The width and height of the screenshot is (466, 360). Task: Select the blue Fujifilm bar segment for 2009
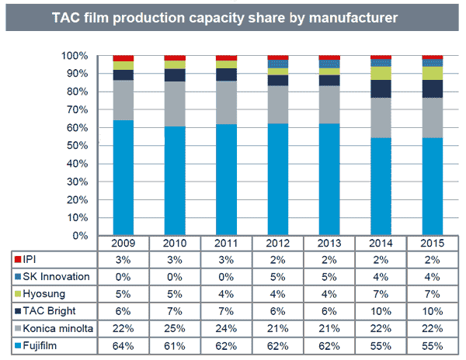point(123,178)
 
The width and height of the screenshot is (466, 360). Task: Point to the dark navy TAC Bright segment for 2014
point(381,88)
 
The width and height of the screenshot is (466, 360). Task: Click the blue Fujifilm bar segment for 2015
point(432,186)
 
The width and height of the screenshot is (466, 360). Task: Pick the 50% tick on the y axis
point(80,145)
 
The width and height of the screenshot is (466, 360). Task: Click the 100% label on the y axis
point(77,56)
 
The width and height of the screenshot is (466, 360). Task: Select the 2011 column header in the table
point(226,242)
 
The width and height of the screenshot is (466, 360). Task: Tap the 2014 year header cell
point(381,242)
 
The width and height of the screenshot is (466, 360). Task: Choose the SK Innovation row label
point(55,276)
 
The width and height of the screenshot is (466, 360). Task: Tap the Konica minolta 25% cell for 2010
point(175,329)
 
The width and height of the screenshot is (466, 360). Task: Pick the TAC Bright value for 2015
point(432,312)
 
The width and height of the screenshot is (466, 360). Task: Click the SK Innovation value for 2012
point(278,276)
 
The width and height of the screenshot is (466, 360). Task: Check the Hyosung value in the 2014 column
point(381,294)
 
